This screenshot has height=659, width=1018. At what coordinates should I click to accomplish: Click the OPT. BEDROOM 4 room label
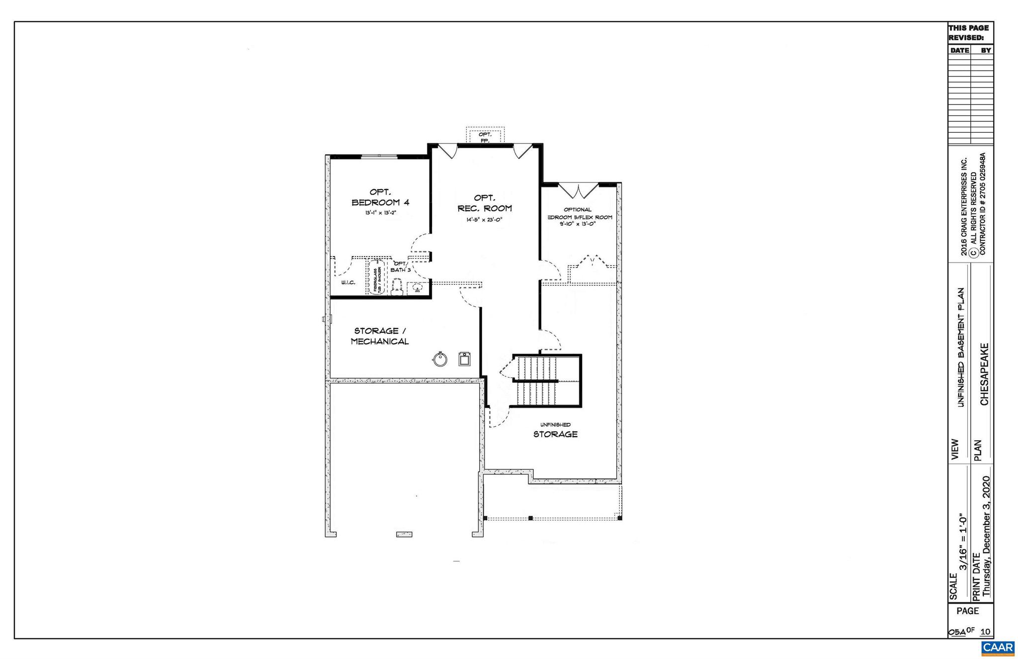point(380,197)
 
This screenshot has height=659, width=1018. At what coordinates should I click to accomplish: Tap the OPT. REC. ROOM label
point(485,203)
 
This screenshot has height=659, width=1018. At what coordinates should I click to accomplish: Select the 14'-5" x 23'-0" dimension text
point(485,219)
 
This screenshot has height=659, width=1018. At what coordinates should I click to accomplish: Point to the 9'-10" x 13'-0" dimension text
point(577,224)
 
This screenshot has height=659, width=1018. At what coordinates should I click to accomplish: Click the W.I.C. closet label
point(348,282)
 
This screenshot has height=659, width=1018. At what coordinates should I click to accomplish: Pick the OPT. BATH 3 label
point(401,267)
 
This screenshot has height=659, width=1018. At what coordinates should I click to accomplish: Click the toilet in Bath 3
point(397,287)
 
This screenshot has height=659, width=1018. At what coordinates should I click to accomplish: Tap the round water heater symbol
point(439,359)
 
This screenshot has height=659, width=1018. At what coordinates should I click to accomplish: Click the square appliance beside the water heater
point(464,358)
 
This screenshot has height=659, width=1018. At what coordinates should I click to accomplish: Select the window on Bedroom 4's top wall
point(379,156)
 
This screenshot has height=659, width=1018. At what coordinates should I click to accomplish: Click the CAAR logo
point(998,648)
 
